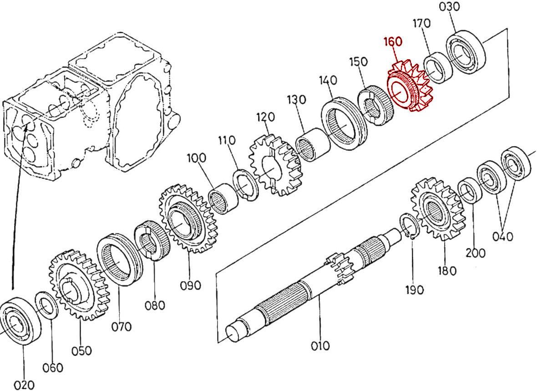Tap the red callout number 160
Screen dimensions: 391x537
tap(393, 41)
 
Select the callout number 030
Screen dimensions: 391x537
tap(449, 7)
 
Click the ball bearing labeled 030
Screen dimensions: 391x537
tap(465, 52)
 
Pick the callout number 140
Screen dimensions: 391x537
tap(328, 80)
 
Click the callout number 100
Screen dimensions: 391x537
tap(196, 158)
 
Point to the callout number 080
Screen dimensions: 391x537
tap(155, 305)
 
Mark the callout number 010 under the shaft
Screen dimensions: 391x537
tap(320, 346)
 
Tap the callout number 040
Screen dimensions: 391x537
tap(503, 236)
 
